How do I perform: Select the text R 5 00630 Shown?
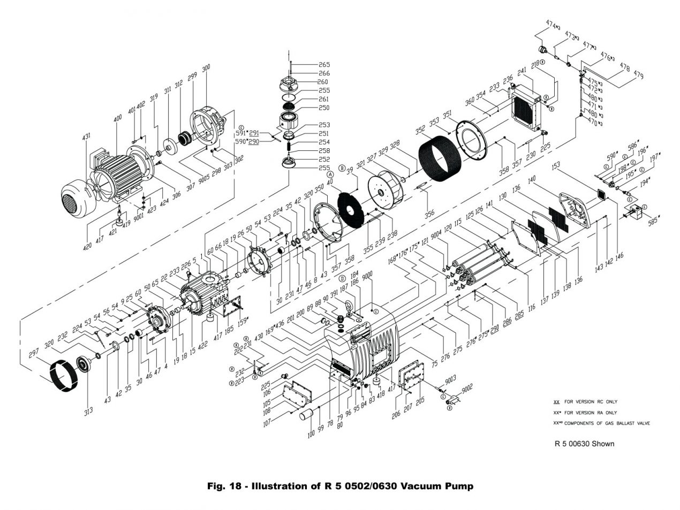click(x=584, y=443)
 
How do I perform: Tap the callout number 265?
click(x=324, y=65)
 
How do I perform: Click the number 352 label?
click(x=421, y=130)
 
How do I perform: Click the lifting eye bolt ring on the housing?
click(x=347, y=308)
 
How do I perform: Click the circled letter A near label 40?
click(x=330, y=174)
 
